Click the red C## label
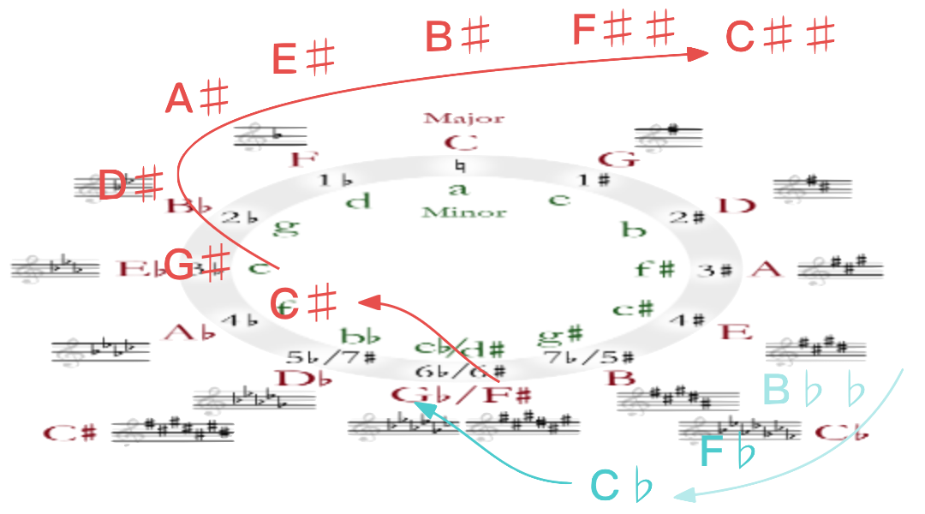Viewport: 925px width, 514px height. tap(779, 37)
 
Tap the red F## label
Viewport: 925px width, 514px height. tap(624, 30)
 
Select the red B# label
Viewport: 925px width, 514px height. tap(457, 37)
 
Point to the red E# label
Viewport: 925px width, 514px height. tap(302, 59)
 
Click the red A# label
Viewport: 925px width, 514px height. tap(196, 99)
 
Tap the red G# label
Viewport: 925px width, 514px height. tap(196, 265)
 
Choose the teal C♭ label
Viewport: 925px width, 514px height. tap(621, 487)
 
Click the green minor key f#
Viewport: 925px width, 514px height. tap(655, 268)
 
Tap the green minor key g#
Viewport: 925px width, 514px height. tap(561, 334)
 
